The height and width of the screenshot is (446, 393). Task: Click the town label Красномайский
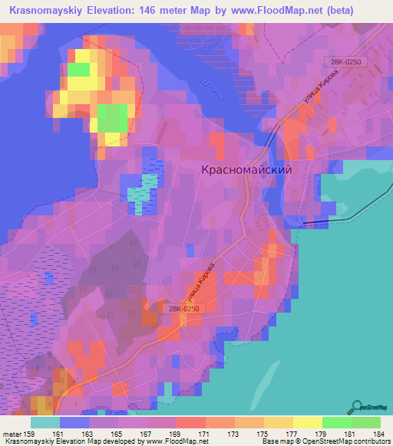coord(246,171)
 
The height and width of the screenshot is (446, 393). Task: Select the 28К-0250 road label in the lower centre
coord(183,308)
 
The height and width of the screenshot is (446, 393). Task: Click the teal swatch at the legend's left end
coord(45,422)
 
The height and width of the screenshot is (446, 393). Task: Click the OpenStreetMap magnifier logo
coord(355,407)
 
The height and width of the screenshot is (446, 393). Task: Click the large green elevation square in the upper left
coord(112,119)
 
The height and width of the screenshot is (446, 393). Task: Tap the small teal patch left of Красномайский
coord(140,194)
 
